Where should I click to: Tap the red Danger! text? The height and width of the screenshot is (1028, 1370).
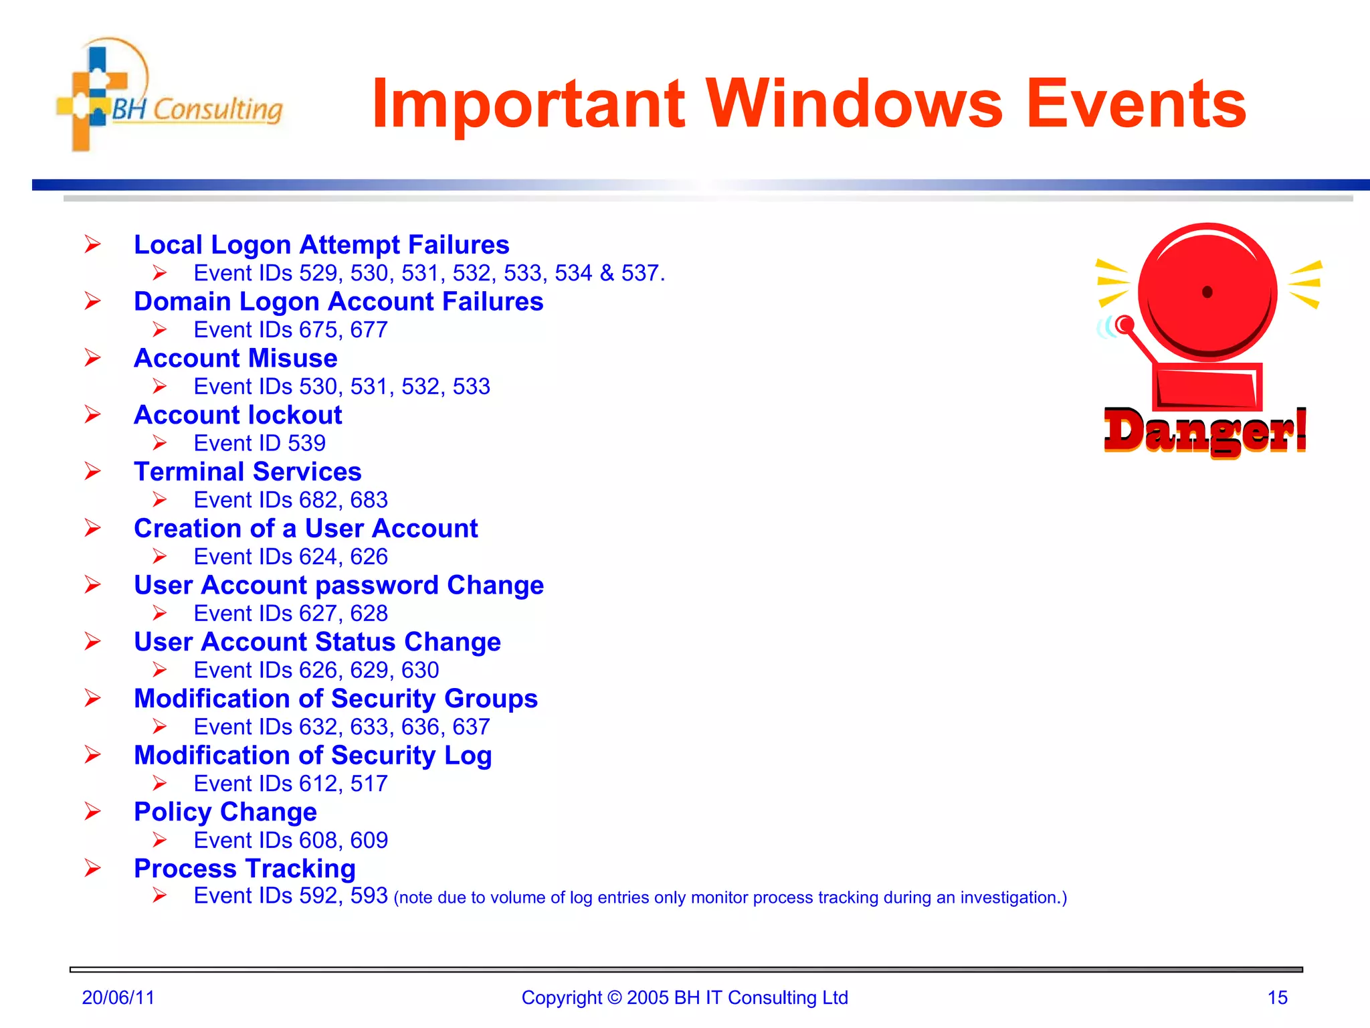click(1204, 432)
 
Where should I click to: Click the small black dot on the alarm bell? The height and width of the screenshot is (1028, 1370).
click(1207, 292)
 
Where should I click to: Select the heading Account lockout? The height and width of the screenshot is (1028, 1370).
click(237, 415)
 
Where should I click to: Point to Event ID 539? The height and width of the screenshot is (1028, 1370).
click(260, 443)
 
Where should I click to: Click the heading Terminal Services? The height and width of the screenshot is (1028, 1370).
click(248, 472)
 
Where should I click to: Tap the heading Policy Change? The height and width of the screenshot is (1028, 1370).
click(225, 812)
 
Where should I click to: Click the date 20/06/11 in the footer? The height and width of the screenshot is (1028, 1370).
click(118, 997)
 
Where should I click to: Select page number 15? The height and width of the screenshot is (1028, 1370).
click(1277, 997)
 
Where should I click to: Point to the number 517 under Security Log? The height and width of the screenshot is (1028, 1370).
click(369, 784)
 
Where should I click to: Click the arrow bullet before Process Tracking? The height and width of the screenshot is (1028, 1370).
click(92, 868)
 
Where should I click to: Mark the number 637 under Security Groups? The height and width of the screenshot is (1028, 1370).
click(471, 727)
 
